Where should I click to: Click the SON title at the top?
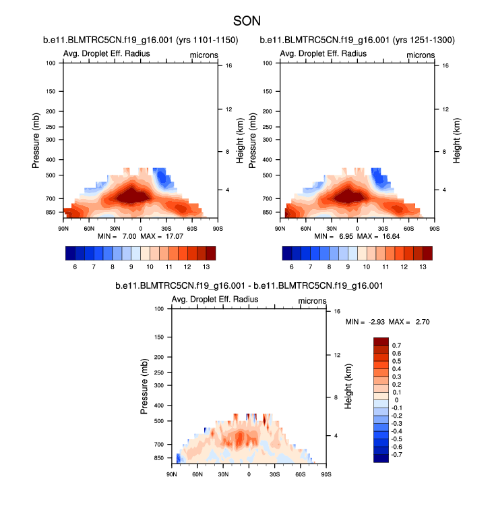click(247, 21)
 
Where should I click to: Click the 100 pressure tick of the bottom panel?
click(160, 308)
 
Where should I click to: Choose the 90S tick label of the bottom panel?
click(326, 475)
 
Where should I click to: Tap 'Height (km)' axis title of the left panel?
click(240, 140)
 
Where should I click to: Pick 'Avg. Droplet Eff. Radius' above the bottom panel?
click(215, 300)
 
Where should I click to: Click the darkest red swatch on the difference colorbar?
click(381, 341)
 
